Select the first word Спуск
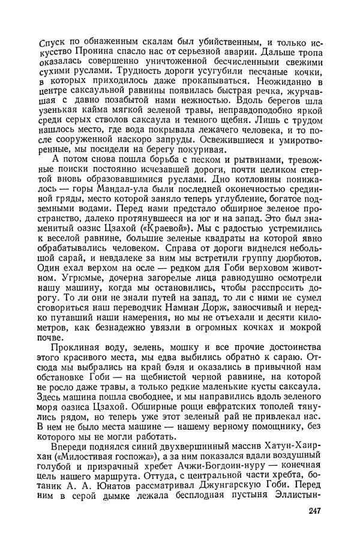[52, 41]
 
